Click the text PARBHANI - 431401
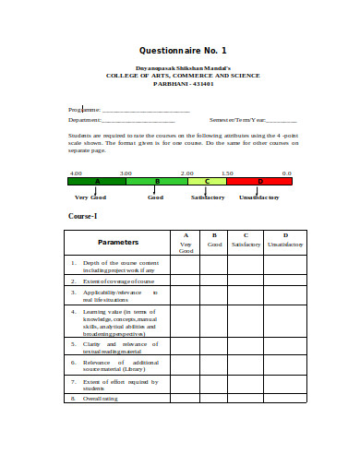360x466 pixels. pyautogui.click(x=182, y=83)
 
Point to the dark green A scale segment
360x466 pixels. pyautogui.click(x=97, y=182)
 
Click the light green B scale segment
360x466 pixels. pyautogui.click(x=157, y=182)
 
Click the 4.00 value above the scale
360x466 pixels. pyautogui.click(x=76, y=173)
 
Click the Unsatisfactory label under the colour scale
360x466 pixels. pyautogui.click(x=259, y=197)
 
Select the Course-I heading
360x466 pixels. pyautogui.click(x=83, y=216)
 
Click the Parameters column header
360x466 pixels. pyautogui.click(x=118, y=242)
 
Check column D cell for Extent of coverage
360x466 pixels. pyautogui.click(x=284, y=281)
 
